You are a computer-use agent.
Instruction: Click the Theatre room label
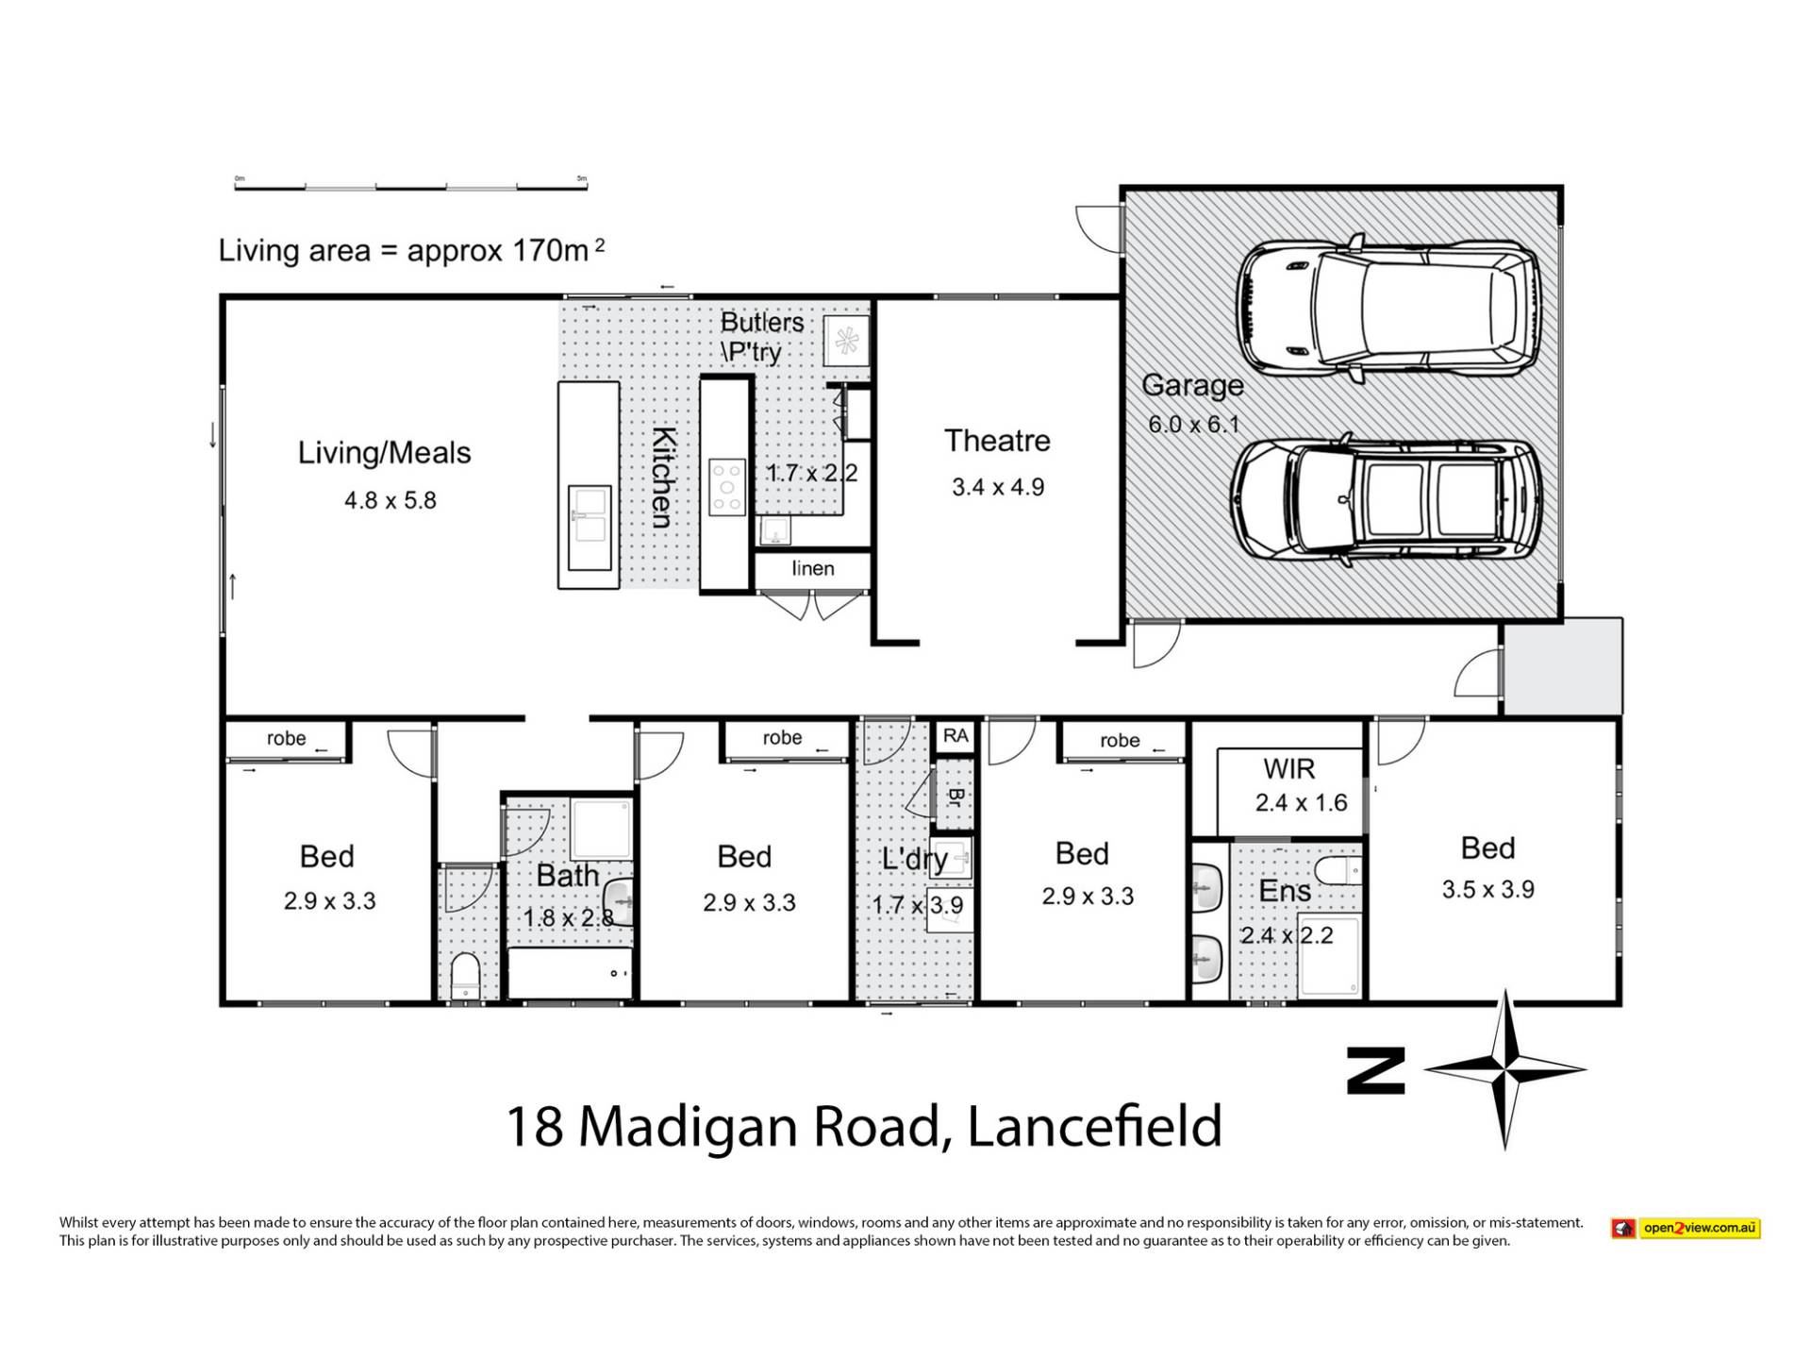[997, 441]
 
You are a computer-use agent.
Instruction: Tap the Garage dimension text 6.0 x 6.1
[1193, 425]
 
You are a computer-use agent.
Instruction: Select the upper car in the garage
[1390, 309]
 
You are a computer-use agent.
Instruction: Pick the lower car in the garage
[1387, 499]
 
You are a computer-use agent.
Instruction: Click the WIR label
[1288, 769]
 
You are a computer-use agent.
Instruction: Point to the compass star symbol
[1505, 1069]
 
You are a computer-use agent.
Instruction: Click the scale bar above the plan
[411, 185]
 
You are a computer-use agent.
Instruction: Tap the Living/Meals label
[384, 453]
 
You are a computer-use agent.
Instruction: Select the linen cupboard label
[813, 568]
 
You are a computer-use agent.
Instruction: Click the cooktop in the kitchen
[727, 486]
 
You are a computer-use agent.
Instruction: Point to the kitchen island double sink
[590, 515]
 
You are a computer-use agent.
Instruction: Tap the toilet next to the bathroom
[465, 975]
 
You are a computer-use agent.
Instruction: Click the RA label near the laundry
[955, 736]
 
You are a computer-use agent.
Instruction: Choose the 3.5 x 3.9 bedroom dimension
[1488, 889]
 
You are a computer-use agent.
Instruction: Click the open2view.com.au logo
[1686, 1228]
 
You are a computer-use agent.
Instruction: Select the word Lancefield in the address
[1094, 1126]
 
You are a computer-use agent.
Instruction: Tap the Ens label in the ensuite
[1285, 891]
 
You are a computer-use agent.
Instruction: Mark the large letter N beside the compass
[1375, 1070]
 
